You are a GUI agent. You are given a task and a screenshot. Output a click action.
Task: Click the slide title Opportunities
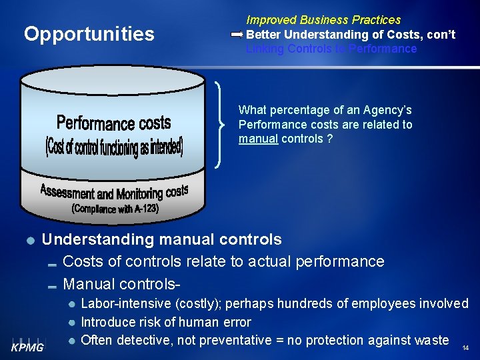click(x=89, y=34)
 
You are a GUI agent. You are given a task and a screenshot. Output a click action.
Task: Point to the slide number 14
click(x=465, y=348)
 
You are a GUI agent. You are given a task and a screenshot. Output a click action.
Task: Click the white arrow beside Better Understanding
click(x=237, y=34)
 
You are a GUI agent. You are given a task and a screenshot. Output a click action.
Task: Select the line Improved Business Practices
click(x=323, y=20)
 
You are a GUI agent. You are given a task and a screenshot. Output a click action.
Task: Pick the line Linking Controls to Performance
click(x=331, y=49)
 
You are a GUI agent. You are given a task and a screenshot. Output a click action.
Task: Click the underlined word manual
click(x=258, y=139)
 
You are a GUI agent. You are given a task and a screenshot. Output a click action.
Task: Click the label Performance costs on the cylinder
click(x=113, y=123)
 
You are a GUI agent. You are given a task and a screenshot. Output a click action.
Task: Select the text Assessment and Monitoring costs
click(x=114, y=193)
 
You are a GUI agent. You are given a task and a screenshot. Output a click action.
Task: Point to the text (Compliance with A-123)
click(x=115, y=209)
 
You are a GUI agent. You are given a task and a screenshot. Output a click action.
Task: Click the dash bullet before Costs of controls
click(x=53, y=263)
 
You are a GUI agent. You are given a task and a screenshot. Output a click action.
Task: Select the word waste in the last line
click(x=431, y=341)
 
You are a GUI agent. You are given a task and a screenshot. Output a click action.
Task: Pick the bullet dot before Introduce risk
click(x=71, y=323)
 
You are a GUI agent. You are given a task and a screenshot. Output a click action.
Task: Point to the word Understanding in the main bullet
click(x=93, y=239)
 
